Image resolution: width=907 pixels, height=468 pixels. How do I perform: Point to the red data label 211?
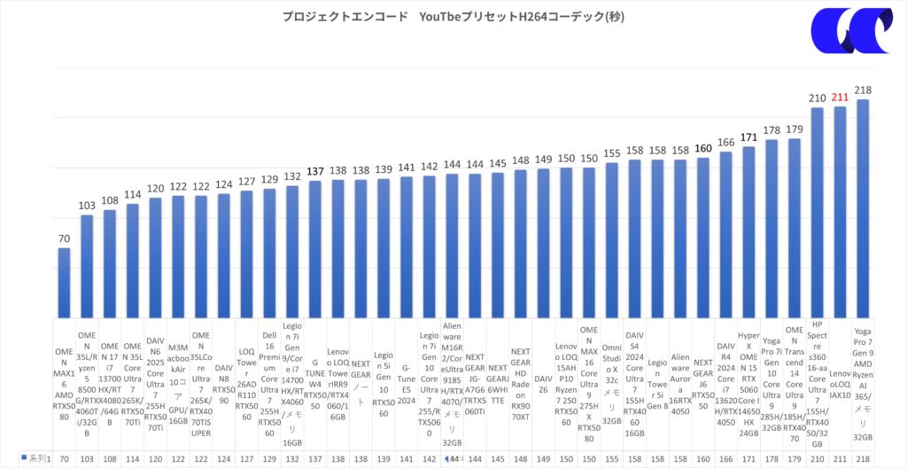tap(839, 98)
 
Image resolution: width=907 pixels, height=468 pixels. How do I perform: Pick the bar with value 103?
tap(88, 265)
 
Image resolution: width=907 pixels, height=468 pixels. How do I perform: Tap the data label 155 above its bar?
tap(611, 154)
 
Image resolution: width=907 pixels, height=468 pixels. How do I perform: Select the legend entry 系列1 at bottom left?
tap(37, 458)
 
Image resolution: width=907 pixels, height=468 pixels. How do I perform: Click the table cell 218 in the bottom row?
tap(862, 458)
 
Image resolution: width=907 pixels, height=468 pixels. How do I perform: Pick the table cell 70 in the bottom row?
tap(65, 458)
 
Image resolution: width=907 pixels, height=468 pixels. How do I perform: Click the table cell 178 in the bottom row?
tap(771, 458)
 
